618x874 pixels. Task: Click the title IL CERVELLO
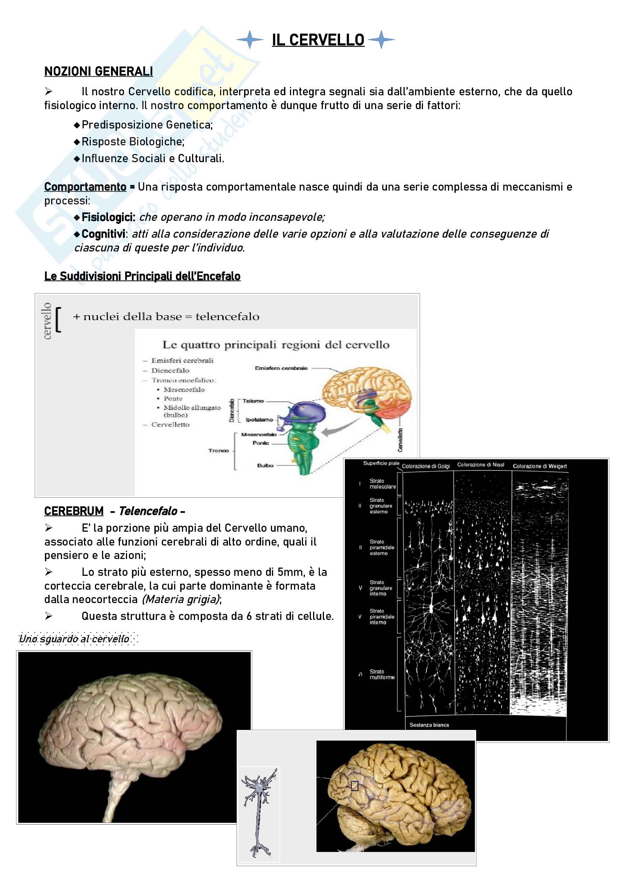318,40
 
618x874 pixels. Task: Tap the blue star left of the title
250,39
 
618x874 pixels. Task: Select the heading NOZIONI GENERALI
99,72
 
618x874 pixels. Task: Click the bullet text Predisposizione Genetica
147,125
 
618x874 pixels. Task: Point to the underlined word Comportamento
85,187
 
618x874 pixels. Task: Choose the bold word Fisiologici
108,217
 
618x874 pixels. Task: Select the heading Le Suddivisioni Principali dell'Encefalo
142,276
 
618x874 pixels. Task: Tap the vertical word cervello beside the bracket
47,321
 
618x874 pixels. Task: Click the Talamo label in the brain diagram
253,401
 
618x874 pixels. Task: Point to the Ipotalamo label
259,420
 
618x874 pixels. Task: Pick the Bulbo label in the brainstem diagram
265,465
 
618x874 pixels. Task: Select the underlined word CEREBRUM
74,511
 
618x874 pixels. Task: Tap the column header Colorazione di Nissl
481,465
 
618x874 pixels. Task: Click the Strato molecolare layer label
383,484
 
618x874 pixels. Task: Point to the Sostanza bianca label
429,725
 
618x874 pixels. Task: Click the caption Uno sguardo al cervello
74,639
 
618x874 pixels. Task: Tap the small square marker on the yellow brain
354,786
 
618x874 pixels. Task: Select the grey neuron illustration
259,813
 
